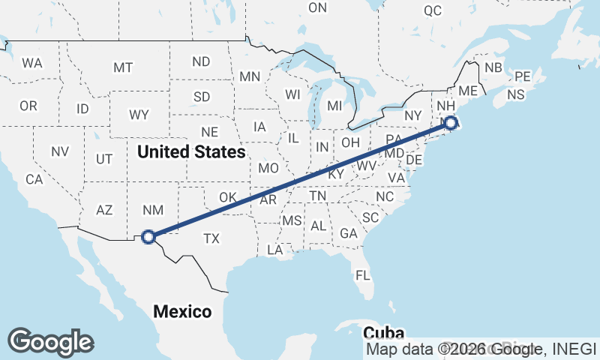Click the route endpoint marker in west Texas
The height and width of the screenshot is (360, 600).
tap(148, 236)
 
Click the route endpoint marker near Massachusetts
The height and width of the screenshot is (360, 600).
tap(450, 123)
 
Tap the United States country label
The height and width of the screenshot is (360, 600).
tap(191, 152)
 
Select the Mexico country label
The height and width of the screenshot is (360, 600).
tap(182, 311)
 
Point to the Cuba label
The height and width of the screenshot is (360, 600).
tap(383, 333)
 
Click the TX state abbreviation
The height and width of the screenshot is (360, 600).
tap(211, 238)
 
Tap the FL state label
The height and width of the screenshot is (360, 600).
tap(363, 275)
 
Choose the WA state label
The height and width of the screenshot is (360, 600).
tap(32, 63)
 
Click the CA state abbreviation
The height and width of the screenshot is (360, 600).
tap(34, 179)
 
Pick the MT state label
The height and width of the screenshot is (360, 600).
tap(123, 67)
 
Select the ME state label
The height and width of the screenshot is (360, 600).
tap(468, 91)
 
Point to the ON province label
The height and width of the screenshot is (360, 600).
tap(318, 7)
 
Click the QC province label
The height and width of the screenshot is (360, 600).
tap(433, 10)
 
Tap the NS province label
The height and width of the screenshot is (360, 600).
tap(516, 95)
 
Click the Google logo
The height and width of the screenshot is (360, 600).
tap(50, 341)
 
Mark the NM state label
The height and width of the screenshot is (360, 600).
tap(152, 211)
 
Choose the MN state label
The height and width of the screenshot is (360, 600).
tap(250, 76)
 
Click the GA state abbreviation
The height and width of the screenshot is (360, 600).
tap(348, 233)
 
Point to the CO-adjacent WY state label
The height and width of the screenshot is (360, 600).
tap(139, 115)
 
